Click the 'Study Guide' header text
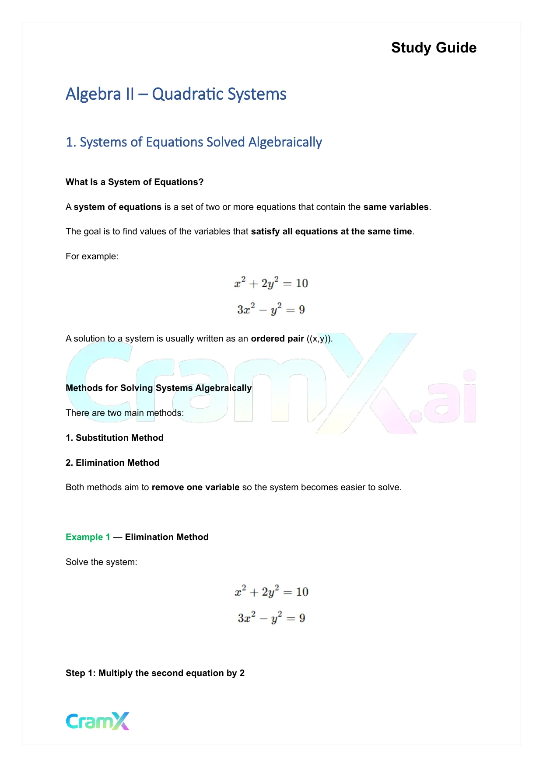(x=434, y=48)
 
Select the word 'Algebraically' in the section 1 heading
(x=285, y=143)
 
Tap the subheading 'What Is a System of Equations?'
(x=134, y=182)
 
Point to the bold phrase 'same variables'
(x=396, y=207)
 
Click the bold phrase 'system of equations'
(x=117, y=207)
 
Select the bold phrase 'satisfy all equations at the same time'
(x=331, y=231)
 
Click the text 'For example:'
(x=92, y=256)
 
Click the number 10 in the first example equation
(x=302, y=283)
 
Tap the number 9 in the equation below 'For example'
(x=302, y=310)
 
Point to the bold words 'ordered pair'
(x=277, y=338)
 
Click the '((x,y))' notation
(x=319, y=338)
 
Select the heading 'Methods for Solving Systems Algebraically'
(x=158, y=388)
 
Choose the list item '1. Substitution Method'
(x=115, y=438)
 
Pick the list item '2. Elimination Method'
(x=112, y=463)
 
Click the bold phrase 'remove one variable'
(x=196, y=487)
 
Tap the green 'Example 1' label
(x=88, y=537)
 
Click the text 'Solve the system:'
(x=102, y=562)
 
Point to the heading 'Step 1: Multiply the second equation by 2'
(x=155, y=673)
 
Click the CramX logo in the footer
(x=98, y=721)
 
